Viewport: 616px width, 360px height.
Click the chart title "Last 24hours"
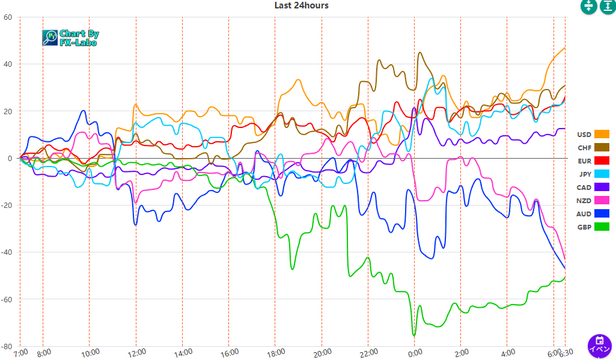301,5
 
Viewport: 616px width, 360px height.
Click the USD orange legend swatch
602,134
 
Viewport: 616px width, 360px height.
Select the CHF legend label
584,147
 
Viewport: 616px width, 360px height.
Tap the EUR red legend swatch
602,160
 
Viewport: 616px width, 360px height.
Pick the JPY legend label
585,174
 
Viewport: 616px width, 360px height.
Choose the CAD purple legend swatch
602,187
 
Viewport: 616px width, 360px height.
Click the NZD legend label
584,200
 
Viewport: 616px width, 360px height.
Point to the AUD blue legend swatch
602,213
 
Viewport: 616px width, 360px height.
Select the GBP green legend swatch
602,227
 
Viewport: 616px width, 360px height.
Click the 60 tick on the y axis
8,17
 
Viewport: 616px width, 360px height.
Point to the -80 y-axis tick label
7,346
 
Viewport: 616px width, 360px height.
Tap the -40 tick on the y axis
7,252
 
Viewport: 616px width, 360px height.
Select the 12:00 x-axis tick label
136,352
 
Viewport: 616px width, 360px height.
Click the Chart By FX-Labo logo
71,38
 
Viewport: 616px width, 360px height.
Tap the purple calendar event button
599,346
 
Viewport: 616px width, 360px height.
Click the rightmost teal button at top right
607,6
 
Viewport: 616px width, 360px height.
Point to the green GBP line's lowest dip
413,335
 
